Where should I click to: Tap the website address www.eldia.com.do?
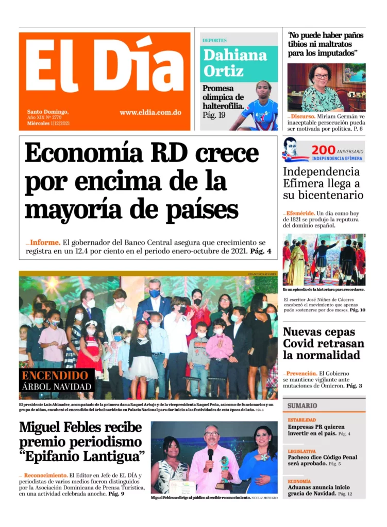[150, 112]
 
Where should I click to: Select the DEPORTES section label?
[214, 40]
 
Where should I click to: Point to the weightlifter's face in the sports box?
[263, 88]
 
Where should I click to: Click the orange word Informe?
[45, 242]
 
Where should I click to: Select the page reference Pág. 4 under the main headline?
[261, 252]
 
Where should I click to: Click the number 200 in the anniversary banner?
[323, 149]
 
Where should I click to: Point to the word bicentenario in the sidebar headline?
[330, 195]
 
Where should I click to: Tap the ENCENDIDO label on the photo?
[55, 375]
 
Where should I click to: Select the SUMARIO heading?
[302, 405]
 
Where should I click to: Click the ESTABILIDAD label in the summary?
[301, 420]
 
